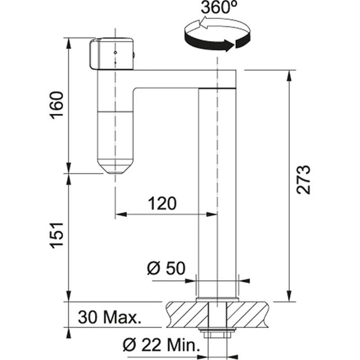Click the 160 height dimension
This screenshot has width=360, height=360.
58,106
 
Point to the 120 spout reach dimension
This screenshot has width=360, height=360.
161,204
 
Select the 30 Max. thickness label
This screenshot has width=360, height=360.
109,318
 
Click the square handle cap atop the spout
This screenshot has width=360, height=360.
112,54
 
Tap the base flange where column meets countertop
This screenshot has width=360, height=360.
217,298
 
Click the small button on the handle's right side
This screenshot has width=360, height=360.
135,55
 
